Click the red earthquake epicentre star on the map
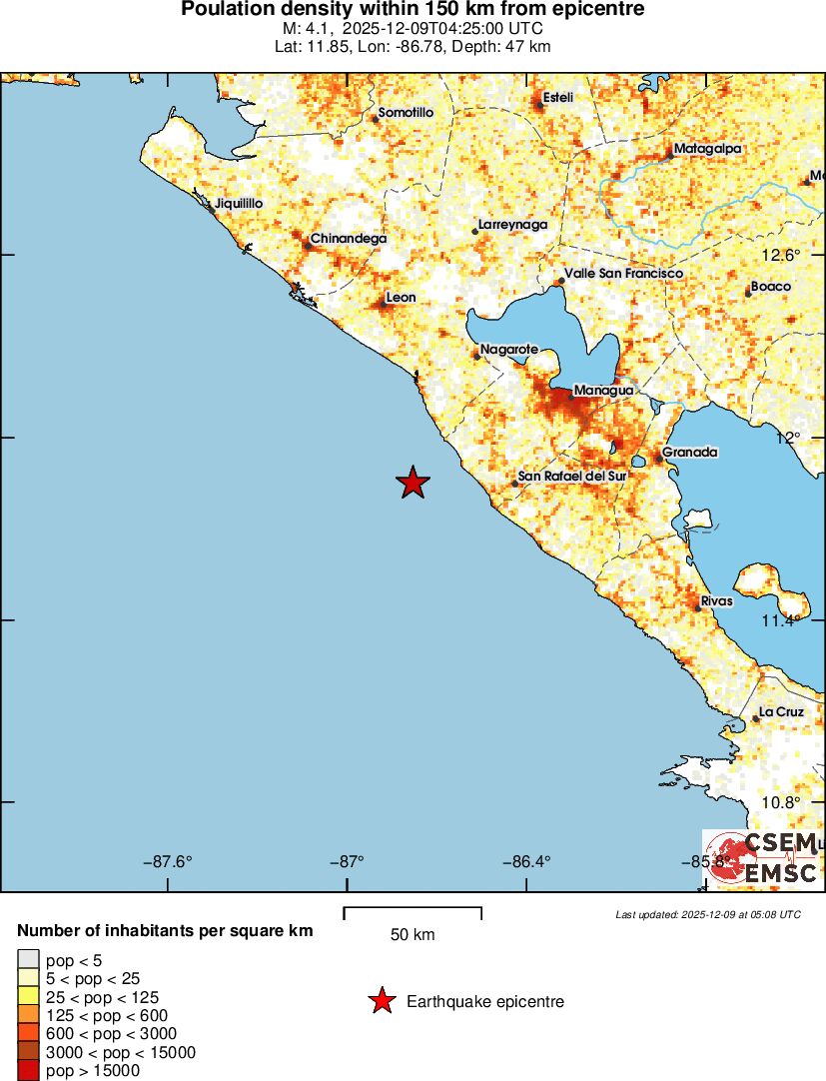tap(413, 483)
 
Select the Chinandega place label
tap(348, 239)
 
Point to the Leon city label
tap(401, 297)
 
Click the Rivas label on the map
tap(717, 601)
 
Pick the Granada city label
tap(690, 453)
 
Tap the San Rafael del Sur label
tap(573, 477)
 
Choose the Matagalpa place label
tap(707, 149)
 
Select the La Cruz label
tap(781, 712)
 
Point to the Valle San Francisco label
tap(623, 273)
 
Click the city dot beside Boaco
tap(748, 294)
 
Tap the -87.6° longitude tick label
tap(168, 861)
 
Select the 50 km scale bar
tap(413, 912)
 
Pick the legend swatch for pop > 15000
tap(28, 1071)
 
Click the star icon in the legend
tap(381, 1001)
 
